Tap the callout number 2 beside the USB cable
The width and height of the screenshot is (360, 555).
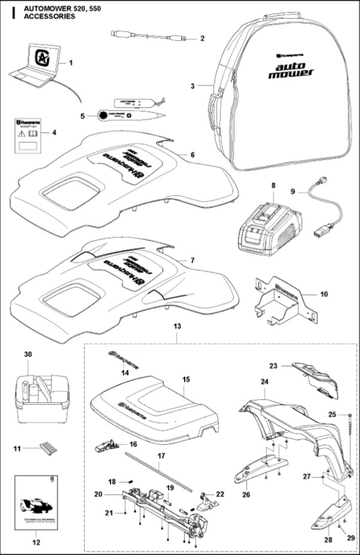[x=202, y=39]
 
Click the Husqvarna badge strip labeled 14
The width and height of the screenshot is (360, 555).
[x=124, y=361]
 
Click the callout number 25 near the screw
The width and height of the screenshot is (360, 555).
[x=349, y=414]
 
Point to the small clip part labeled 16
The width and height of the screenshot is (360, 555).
[x=106, y=445]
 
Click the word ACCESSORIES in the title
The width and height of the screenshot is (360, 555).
[x=50, y=17]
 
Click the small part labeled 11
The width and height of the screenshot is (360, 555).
[x=46, y=447]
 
